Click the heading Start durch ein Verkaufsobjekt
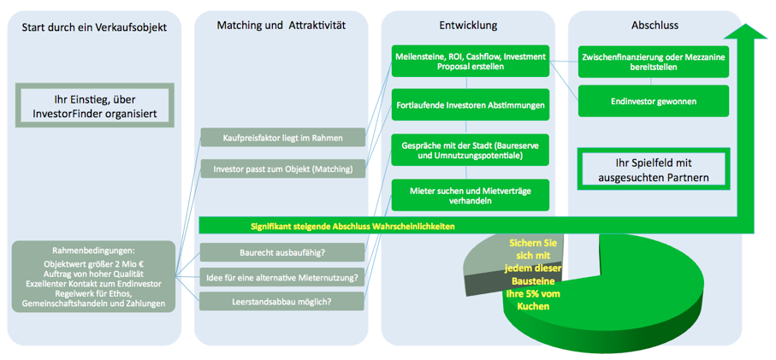coord(93,27)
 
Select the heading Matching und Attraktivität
coord(281,26)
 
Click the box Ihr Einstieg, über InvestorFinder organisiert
coord(93,106)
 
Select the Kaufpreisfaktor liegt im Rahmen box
coord(283,137)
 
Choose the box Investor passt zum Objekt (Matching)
coord(283,168)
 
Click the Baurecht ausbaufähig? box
coord(283,252)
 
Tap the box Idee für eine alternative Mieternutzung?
coord(283,276)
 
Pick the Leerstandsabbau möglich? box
coord(283,301)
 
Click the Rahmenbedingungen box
coord(93,275)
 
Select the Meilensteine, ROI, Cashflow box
coord(470,61)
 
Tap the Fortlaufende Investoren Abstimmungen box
coord(470,105)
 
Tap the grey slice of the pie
coord(483,265)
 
